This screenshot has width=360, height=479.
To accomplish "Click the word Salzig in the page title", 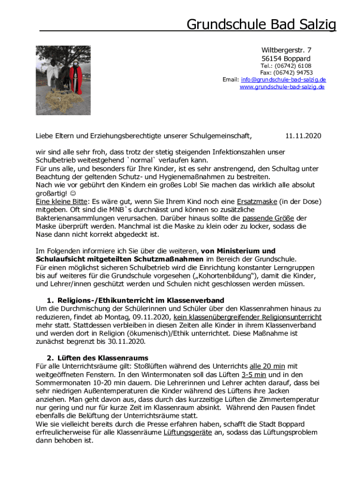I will coord(315,24).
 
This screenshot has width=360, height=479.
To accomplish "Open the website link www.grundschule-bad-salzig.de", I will coord(282,87).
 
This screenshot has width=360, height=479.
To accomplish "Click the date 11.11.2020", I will coord(303,136).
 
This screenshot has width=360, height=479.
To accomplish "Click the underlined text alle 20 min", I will coord(267,366).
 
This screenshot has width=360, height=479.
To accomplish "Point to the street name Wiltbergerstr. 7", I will coord(286,50).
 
